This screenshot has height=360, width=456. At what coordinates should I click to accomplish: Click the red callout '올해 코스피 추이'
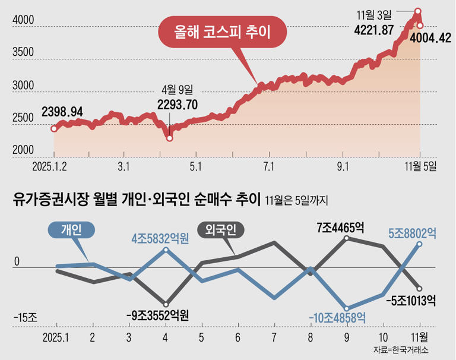pyautogui.click(x=222, y=33)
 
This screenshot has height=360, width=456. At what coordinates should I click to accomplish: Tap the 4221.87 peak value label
pyautogui.click(x=374, y=30)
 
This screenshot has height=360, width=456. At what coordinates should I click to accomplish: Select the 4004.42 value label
pyautogui.click(x=427, y=39)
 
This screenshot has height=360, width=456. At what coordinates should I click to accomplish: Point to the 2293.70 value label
pyautogui.click(x=178, y=105)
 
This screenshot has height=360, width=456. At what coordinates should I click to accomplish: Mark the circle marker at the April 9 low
pyautogui.click(x=170, y=138)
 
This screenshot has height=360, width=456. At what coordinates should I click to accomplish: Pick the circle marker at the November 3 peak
pyautogui.click(x=418, y=10)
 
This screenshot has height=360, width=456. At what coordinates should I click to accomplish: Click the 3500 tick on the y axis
pyautogui.click(x=23, y=52)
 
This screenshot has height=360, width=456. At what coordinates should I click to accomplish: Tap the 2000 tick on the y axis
pyautogui.click(x=23, y=151)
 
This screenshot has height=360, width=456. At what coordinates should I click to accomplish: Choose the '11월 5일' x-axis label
pyautogui.click(x=420, y=166)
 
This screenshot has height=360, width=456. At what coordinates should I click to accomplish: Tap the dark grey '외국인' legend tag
pyautogui.click(x=220, y=229)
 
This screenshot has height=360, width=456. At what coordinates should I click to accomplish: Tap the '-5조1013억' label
pyautogui.click(x=410, y=300)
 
